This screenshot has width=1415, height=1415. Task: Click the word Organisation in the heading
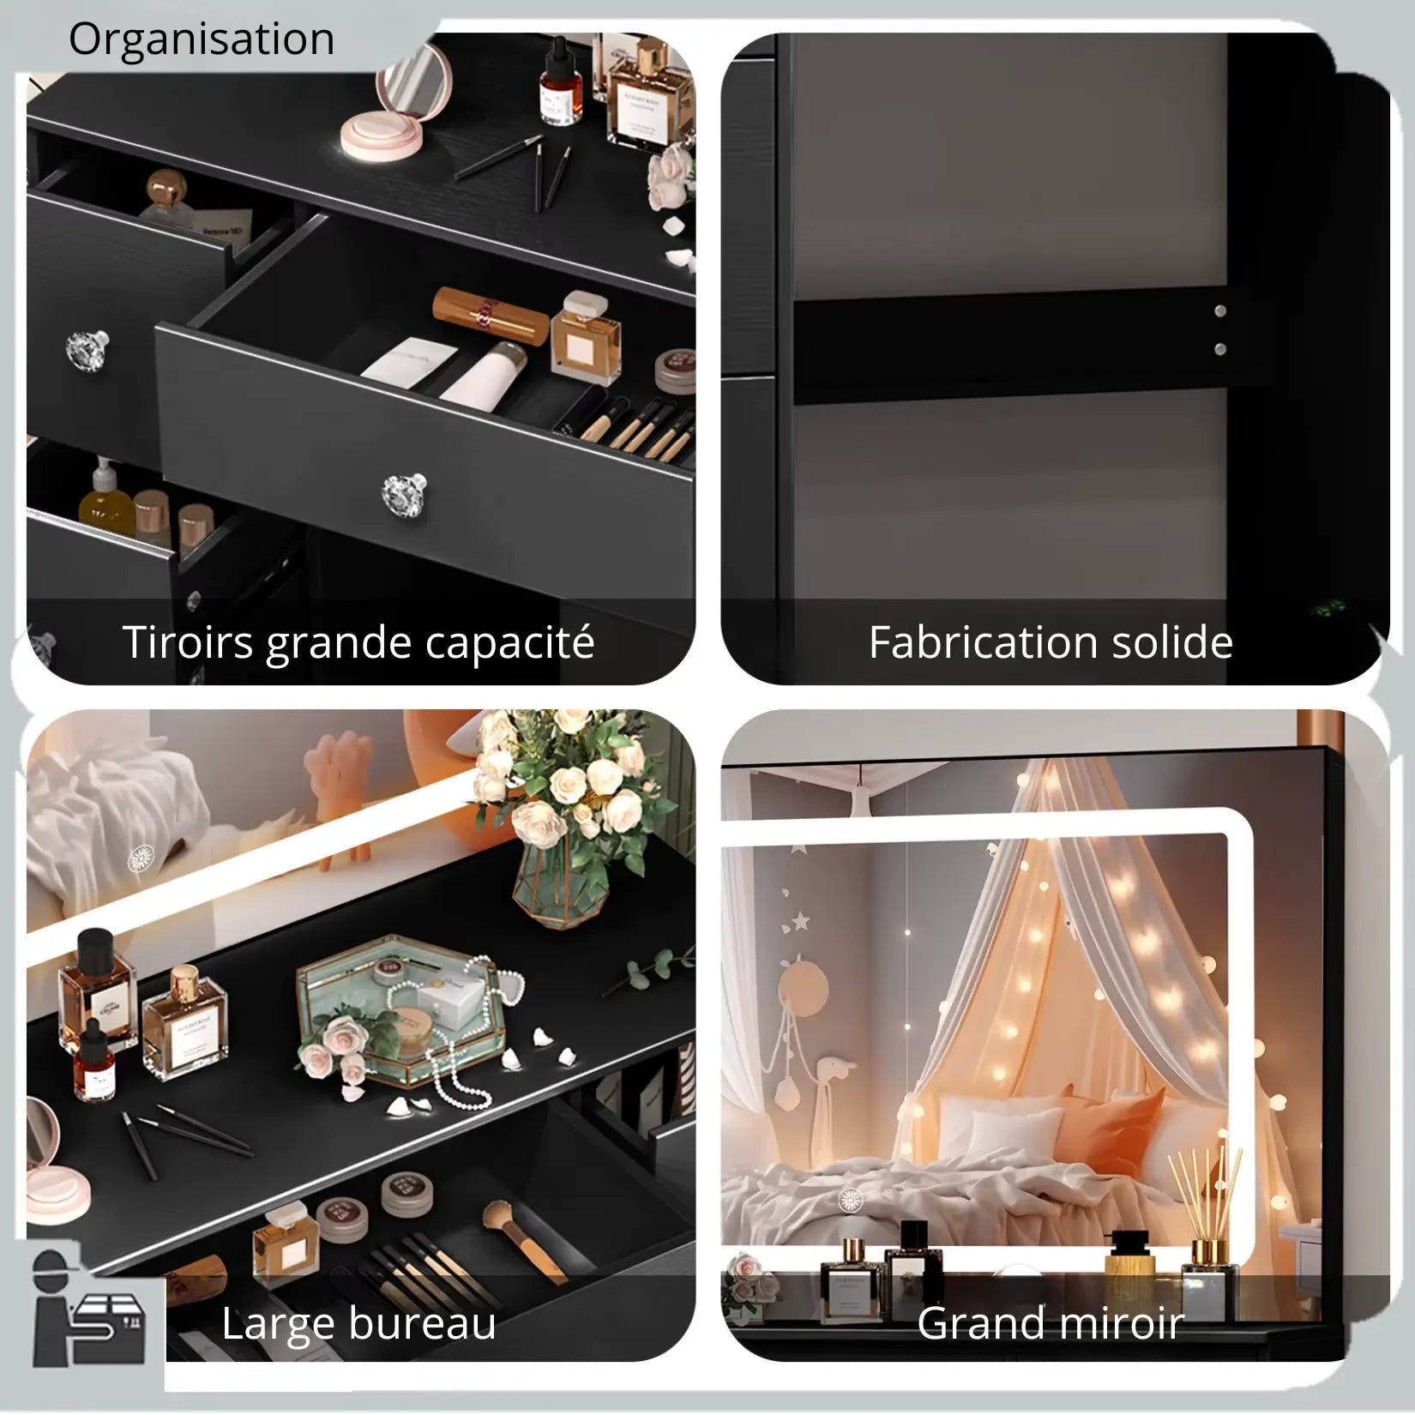[x=202, y=39]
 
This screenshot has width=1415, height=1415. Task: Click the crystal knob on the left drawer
[x=87, y=347]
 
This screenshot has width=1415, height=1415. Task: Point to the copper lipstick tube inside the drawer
[x=491, y=314]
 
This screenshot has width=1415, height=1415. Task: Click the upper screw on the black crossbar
[x=1219, y=311]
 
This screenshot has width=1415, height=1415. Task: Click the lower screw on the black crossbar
[x=1219, y=349]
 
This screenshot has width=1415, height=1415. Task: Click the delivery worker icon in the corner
[x=86, y=1312]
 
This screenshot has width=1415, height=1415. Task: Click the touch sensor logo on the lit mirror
[x=850, y=1199]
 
